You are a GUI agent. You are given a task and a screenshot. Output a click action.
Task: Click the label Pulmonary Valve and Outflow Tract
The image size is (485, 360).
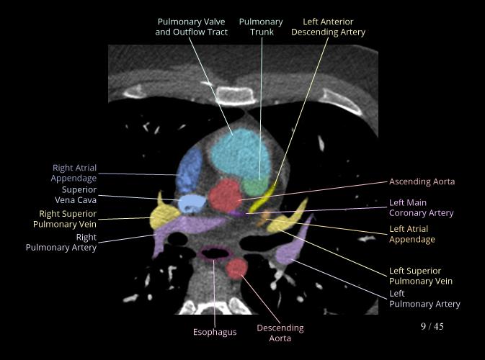pyautogui.click(x=192, y=27)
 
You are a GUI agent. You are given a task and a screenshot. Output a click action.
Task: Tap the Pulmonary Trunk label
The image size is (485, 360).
pyautogui.click(x=260, y=27)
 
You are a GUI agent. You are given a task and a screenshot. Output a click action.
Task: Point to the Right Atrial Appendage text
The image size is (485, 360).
pyautogui.click(x=74, y=173)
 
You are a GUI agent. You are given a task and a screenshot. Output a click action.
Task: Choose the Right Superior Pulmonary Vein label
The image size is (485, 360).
pyautogui.click(x=68, y=218)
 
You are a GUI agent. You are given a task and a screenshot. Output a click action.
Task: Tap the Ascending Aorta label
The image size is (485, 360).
pyautogui.click(x=422, y=181)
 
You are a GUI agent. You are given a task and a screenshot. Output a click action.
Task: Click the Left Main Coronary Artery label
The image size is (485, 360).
pyautogui.click(x=421, y=208)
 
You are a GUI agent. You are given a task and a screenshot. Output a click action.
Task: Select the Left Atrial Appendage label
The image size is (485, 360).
pyautogui.click(x=412, y=234)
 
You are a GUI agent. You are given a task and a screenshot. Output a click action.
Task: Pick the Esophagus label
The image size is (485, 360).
pyautogui.click(x=215, y=332)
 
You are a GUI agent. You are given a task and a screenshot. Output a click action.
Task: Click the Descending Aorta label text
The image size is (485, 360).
pyautogui.click(x=280, y=333)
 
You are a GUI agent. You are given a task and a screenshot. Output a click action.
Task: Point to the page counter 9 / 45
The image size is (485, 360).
pyautogui.click(x=432, y=326)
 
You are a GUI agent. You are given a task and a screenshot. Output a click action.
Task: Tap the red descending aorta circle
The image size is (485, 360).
pyautogui.click(x=237, y=269)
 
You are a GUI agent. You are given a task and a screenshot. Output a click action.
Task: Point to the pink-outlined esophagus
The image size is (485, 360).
pyautogui.click(x=215, y=253)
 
